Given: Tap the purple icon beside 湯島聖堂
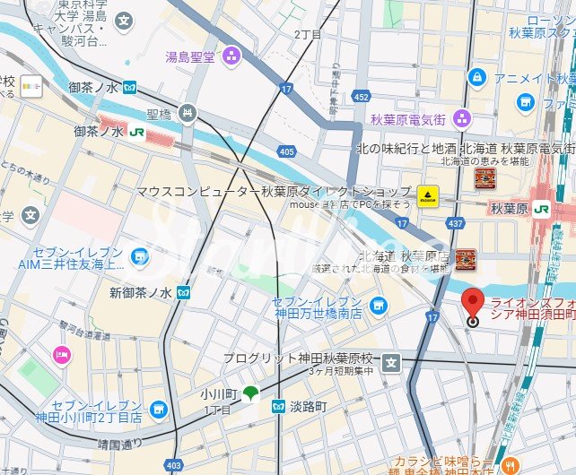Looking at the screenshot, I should tap(231, 56).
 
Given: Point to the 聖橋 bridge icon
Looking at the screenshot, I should tap(187, 113).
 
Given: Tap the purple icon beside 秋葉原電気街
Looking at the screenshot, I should tap(461, 117).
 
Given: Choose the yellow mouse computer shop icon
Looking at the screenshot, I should tap(427, 194).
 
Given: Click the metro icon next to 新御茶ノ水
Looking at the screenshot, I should tap(183, 292).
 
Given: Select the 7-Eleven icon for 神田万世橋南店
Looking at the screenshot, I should tap(378, 305).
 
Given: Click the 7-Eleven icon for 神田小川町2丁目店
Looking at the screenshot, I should tap(158, 410).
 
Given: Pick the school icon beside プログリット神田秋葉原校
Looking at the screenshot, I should tap(390, 362).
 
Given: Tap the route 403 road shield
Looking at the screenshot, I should tap(174, 464).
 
